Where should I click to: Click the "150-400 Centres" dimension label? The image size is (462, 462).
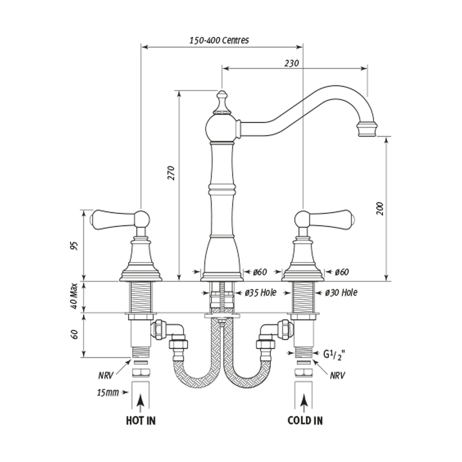219,40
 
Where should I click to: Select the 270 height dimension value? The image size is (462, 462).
172,173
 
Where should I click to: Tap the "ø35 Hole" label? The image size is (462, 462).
261,293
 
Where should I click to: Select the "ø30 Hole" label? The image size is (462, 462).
341,293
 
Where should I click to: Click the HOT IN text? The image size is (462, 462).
141,420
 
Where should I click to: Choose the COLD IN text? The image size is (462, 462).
305,420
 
